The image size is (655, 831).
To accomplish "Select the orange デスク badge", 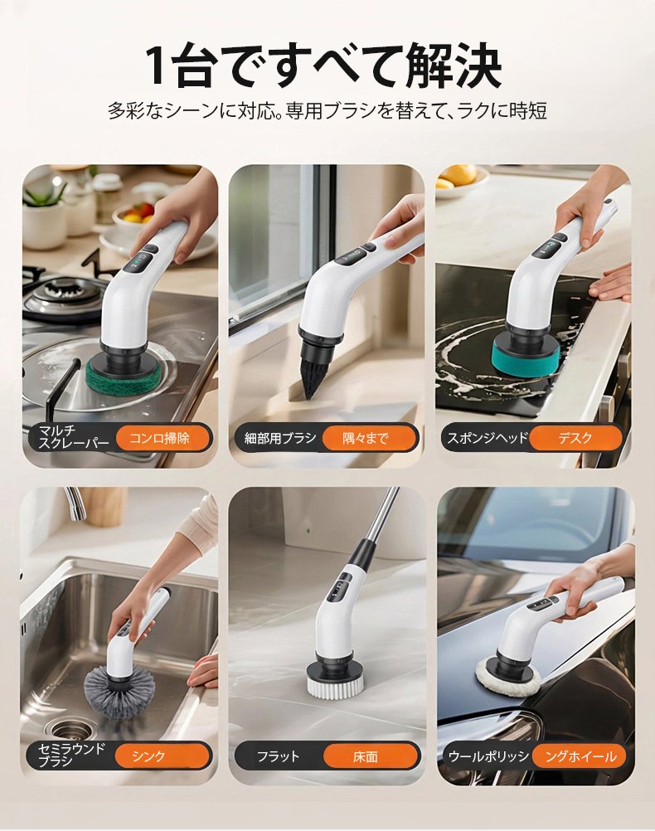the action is point(575,438).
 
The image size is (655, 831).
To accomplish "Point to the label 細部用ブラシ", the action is point(279,438).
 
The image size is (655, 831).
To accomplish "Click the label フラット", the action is point(279,756).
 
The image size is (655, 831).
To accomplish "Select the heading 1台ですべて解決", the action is point(323,66).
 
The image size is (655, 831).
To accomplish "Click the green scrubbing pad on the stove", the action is point(121,374).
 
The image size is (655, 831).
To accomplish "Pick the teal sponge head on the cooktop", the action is point(523,355).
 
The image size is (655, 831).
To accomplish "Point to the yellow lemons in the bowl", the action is point(456,176).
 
